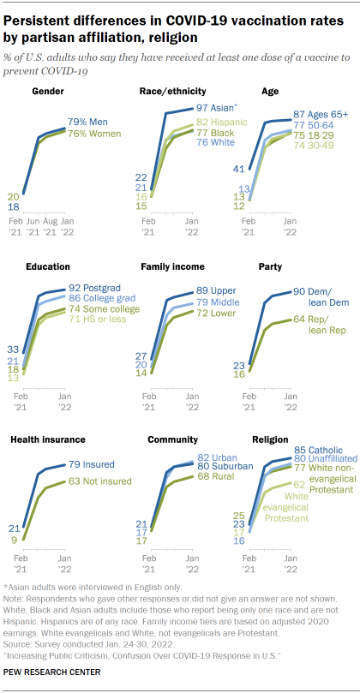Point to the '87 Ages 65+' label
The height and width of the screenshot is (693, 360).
(x=321, y=114)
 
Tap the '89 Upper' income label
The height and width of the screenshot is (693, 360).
(x=210, y=291)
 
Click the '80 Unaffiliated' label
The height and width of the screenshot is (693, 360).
(x=324, y=458)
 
